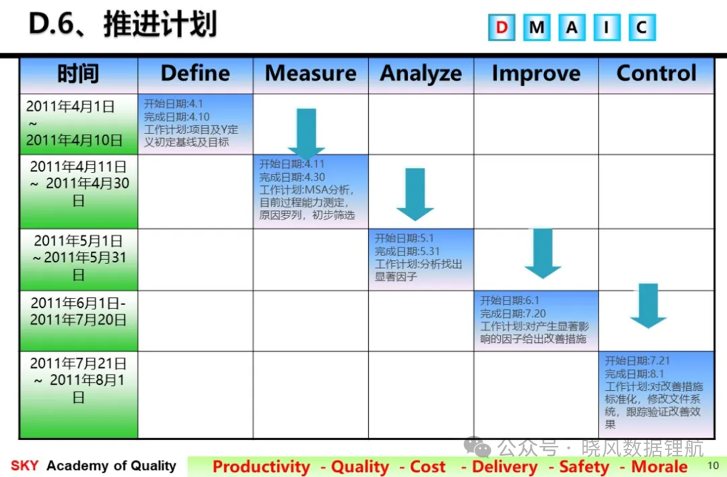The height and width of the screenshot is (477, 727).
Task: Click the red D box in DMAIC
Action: coord(501,28)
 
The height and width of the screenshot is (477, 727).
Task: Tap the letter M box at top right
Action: coord(536,28)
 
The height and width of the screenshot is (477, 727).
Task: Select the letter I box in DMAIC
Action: coord(607,28)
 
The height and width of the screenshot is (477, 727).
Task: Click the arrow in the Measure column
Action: coord(306,133)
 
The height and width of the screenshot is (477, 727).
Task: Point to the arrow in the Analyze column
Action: coord(415,194)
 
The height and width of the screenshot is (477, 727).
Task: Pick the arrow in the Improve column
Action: coord(543,253)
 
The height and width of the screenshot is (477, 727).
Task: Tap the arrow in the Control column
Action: coord(648,306)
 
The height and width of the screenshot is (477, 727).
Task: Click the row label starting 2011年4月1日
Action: coord(79,124)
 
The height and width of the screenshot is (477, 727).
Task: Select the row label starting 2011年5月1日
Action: coord(79,259)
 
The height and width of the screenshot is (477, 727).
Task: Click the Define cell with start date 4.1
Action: coord(195,124)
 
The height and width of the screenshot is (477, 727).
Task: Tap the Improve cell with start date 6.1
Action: coord(536,321)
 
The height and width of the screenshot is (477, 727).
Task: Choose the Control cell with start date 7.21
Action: coord(656,394)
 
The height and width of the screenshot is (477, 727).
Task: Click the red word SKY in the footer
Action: coord(25,466)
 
